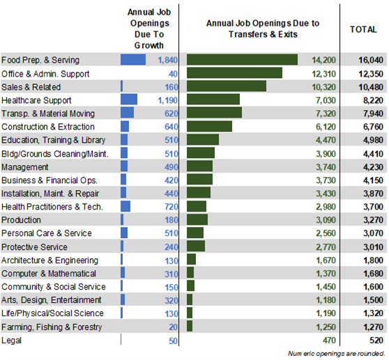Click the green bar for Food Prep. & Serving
coord(242,60)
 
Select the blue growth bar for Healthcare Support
coord(129,100)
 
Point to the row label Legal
coord(11,341)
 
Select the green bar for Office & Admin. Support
coord(234,73)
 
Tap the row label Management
coord(24,167)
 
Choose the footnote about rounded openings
coord(336,354)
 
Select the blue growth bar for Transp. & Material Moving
coord(127,113)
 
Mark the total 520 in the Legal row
coord(375,341)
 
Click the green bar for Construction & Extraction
coord(209,127)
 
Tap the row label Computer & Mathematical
coord(48,274)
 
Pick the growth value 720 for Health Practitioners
coord(170,207)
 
